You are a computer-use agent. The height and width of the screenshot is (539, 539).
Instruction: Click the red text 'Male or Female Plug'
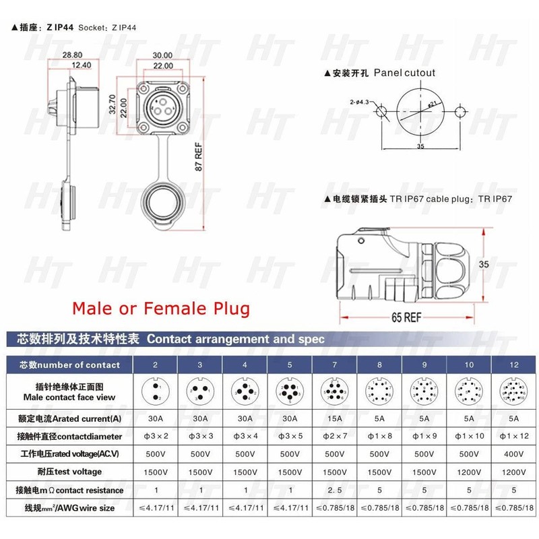[x=160, y=309]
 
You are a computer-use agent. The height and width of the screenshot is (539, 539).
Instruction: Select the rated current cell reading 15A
[x=334, y=418]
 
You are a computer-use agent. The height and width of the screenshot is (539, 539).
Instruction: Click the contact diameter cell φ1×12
[x=513, y=437]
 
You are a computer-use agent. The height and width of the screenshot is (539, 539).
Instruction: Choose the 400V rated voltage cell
[x=513, y=454]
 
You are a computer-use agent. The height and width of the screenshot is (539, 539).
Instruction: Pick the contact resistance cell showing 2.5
[x=334, y=490]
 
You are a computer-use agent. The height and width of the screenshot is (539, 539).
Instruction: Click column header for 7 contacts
[x=334, y=365]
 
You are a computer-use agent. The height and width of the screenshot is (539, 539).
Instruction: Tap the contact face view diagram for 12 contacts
[x=513, y=391]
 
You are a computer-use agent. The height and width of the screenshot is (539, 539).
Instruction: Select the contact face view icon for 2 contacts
[x=155, y=391]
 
